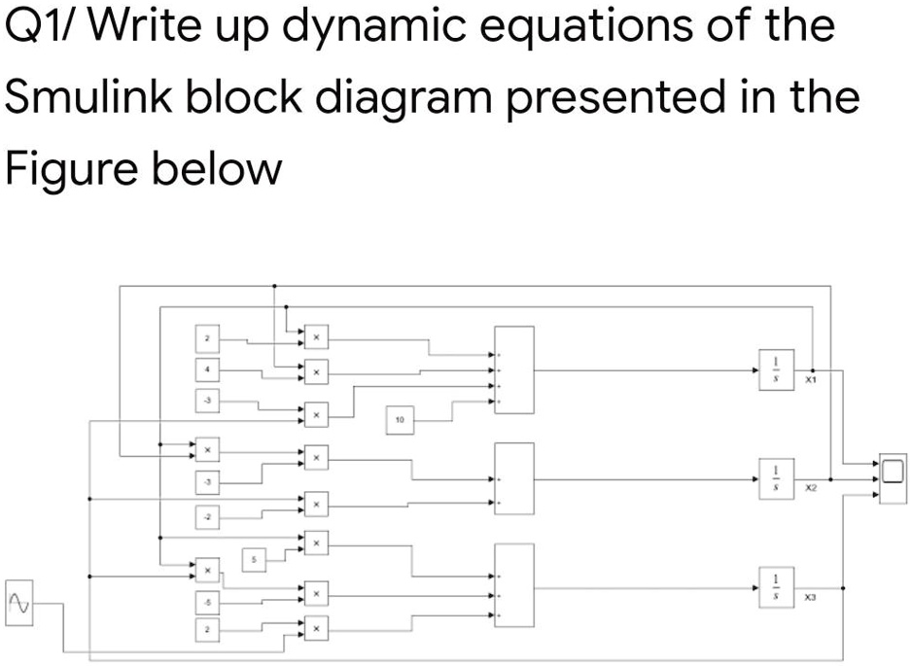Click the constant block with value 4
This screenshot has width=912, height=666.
pyautogui.click(x=206, y=370)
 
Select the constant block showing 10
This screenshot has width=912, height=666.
pyautogui.click(x=399, y=421)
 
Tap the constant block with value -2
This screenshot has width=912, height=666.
pyautogui.click(x=206, y=516)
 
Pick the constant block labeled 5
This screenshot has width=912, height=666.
pyautogui.click(x=255, y=559)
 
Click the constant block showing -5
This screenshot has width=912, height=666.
pyautogui.click(x=206, y=600)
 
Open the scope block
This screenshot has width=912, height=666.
pyautogui.click(x=893, y=475)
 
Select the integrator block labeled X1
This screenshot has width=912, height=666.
pyautogui.click(x=776, y=371)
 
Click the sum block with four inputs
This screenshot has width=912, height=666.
pyautogui.click(x=514, y=370)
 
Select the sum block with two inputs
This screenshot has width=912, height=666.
pyautogui.click(x=514, y=478)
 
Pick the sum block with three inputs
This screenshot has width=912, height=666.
pyautogui.click(x=514, y=583)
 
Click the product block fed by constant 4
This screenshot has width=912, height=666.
pyautogui.click(x=316, y=370)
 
